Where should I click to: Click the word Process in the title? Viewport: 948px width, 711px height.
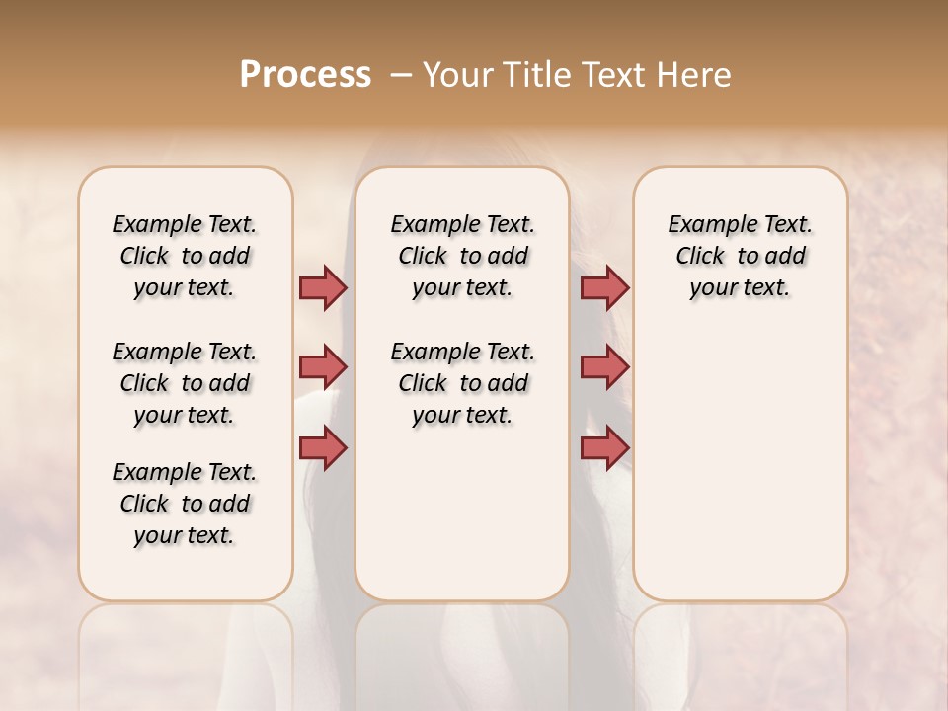(x=305, y=75)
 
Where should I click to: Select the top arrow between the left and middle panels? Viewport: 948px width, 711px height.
(x=323, y=287)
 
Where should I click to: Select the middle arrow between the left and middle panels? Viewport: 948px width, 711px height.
(x=323, y=367)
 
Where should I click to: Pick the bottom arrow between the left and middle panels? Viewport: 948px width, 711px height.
(x=323, y=447)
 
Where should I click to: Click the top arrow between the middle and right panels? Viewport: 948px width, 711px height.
(x=604, y=287)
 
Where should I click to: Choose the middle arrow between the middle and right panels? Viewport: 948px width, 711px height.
(x=604, y=367)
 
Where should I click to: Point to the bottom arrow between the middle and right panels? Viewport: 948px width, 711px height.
(x=604, y=447)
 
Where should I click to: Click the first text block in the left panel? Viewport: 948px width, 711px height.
(x=185, y=256)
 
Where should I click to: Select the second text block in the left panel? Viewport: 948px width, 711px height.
(x=185, y=383)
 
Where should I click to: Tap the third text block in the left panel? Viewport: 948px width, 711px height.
(x=185, y=504)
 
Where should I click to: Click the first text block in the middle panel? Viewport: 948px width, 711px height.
(x=462, y=256)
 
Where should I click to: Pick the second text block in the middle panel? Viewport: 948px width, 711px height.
(x=462, y=383)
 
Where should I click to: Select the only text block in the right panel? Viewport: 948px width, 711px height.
(x=740, y=256)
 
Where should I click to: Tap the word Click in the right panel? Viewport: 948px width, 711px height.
(x=700, y=257)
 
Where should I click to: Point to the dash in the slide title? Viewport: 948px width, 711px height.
(x=401, y=75)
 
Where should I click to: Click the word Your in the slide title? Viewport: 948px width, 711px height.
(x=457, y=75)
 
